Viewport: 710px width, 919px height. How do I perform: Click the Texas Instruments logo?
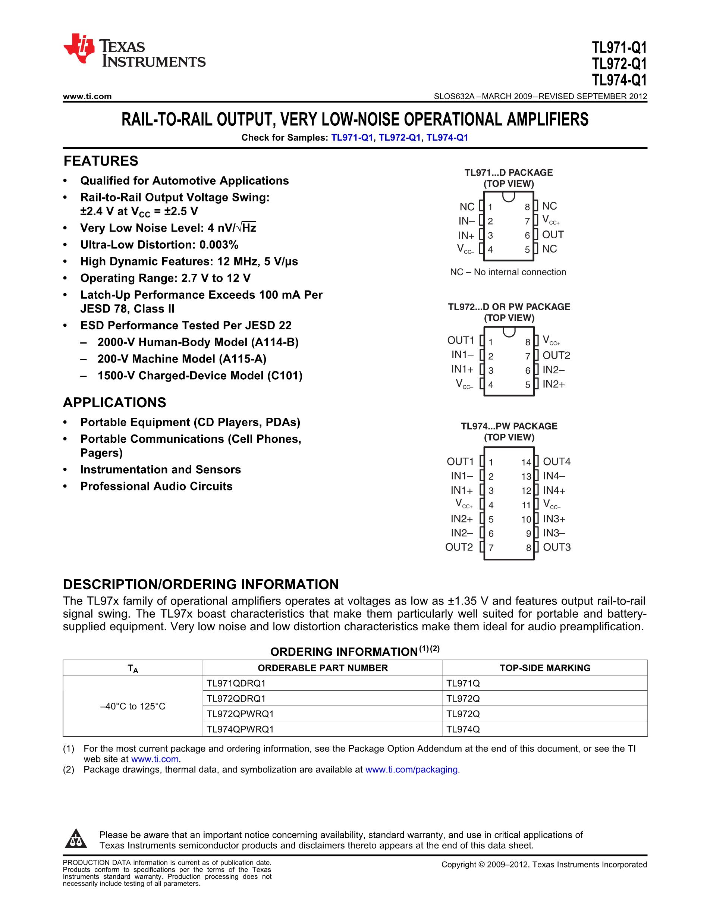click(x=134, y=50)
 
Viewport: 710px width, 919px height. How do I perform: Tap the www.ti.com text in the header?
click(x=87, y=96)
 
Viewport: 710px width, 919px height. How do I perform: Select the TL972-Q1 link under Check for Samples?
click(x=399, y=138)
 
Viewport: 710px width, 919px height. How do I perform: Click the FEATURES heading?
click(x=101, y=161)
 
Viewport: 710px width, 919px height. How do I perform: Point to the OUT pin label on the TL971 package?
click(x=553, y=235)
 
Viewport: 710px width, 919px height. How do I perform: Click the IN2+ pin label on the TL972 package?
click(x=553, y=384)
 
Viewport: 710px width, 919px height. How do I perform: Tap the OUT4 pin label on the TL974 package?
click(x=556, y=462)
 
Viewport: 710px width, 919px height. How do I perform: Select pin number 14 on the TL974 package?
click(x=526, y=462)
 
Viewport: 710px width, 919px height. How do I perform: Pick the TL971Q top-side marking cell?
click(x=463, y=683)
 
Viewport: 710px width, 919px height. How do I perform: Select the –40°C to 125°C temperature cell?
click(x=133, y=706)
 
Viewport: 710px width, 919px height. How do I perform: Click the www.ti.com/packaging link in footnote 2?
click(x=412, y=769)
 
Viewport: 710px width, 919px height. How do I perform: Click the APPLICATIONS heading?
click(x=114, y=403)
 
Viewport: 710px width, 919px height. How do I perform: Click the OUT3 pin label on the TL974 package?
click(x=556, y=547)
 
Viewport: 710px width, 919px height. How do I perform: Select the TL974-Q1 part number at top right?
click(x=619, y=80)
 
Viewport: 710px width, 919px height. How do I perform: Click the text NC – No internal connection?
click(x=508, y=272)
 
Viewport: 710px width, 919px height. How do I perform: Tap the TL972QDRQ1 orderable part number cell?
click(x=236, y=699)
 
